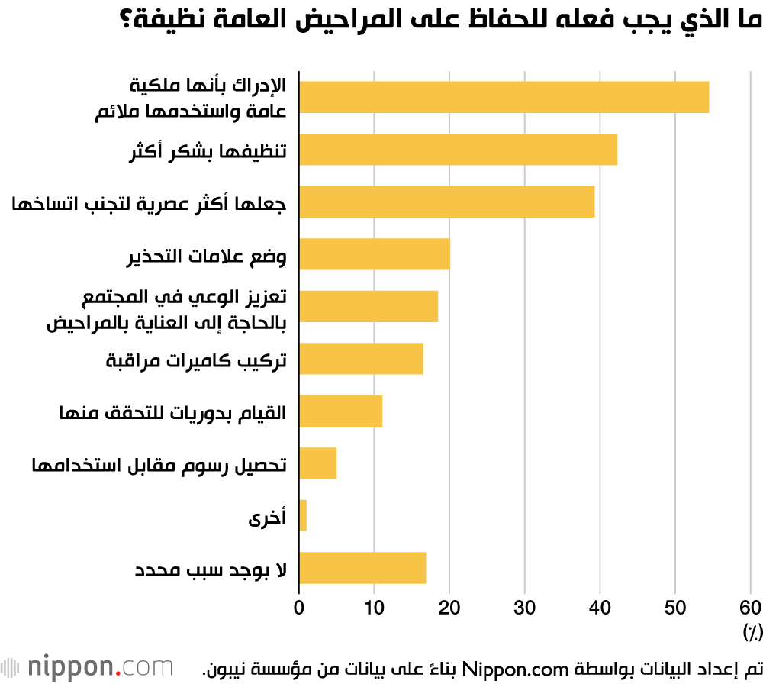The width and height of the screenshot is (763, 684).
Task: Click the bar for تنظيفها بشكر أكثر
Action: coord(458,149)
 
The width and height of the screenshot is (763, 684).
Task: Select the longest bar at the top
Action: coord(504,97)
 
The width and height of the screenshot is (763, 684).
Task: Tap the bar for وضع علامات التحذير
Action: coord(374,254)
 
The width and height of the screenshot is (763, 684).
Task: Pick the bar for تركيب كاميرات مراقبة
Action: coord(361,359)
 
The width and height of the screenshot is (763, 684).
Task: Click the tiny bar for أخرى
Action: coord(303,515)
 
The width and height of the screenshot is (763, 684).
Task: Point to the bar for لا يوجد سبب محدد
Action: coord(362,567)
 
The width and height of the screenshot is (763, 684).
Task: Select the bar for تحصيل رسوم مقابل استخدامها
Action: coord(317,463)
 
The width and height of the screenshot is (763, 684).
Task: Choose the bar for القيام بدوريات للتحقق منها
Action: coord(340,411)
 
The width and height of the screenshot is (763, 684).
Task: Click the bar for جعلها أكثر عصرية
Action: coord(446,202)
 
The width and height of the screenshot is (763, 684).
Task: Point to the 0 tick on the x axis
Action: coord(299,608)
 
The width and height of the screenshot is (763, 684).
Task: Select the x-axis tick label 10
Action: coord(374,608)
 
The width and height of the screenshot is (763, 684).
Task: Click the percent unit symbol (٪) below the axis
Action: coord(752,631)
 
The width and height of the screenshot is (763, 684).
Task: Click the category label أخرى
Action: coord(267,518)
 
